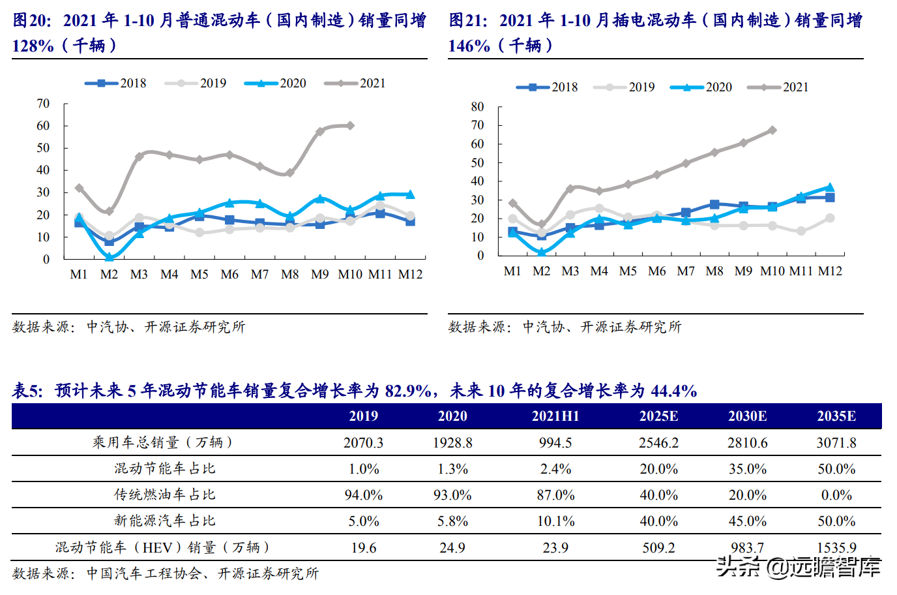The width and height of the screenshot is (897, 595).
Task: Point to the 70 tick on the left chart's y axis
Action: click(43, 104)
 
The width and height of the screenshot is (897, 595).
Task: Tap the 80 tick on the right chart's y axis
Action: click(478, 107)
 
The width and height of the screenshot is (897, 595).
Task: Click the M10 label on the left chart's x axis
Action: click(350, 275)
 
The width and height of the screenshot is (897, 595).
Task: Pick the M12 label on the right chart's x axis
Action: click(830, 271)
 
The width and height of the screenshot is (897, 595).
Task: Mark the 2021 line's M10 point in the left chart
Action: click(350, 125)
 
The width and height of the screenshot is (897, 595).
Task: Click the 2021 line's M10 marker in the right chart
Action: click(772, 130)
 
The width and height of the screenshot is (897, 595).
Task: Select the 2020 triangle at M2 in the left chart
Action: click(110, 257)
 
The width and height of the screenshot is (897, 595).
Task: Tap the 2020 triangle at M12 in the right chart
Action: click(830, 187)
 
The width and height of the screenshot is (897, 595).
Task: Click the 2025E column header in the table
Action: click(658, 416)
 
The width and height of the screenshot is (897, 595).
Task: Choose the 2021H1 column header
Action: click(555, 416)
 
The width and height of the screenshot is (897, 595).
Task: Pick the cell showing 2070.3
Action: click(363, 443)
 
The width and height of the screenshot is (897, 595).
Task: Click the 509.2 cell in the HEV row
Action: click(658, 548)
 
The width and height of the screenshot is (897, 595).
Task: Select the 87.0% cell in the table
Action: click(555, 495)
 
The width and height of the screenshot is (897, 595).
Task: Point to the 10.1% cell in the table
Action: click(555, 521)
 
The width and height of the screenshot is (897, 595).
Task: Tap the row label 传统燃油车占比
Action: click(164, 495)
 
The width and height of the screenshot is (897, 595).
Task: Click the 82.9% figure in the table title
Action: click(407, 391)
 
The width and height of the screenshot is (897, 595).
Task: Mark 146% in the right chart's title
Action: click(469, 46)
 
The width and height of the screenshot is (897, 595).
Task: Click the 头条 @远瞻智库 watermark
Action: click(799, 566)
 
